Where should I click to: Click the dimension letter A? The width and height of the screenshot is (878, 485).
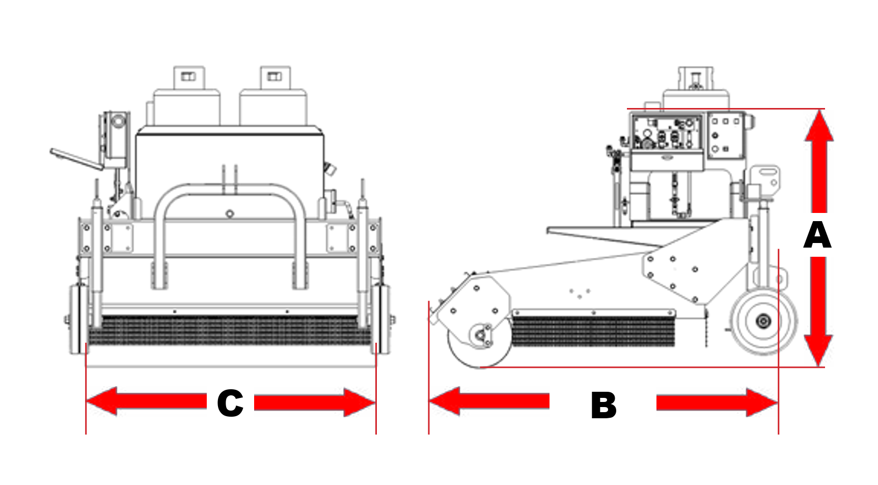(817, 235)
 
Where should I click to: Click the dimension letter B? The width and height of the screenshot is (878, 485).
(603, 406)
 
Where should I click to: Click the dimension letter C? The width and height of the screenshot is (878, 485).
(230, 403)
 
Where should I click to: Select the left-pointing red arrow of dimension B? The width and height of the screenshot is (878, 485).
(489, 401)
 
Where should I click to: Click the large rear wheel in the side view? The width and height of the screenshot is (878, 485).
(763, 320)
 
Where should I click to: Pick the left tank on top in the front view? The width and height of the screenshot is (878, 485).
(187, 102)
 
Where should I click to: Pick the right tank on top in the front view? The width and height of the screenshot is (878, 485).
(273, 102)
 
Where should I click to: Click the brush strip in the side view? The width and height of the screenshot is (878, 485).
(593, 332)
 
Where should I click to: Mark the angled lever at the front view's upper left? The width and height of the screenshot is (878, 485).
(76, 159)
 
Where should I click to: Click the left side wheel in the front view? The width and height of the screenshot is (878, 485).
(78, 319)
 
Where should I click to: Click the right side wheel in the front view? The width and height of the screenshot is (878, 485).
(381, 319)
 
